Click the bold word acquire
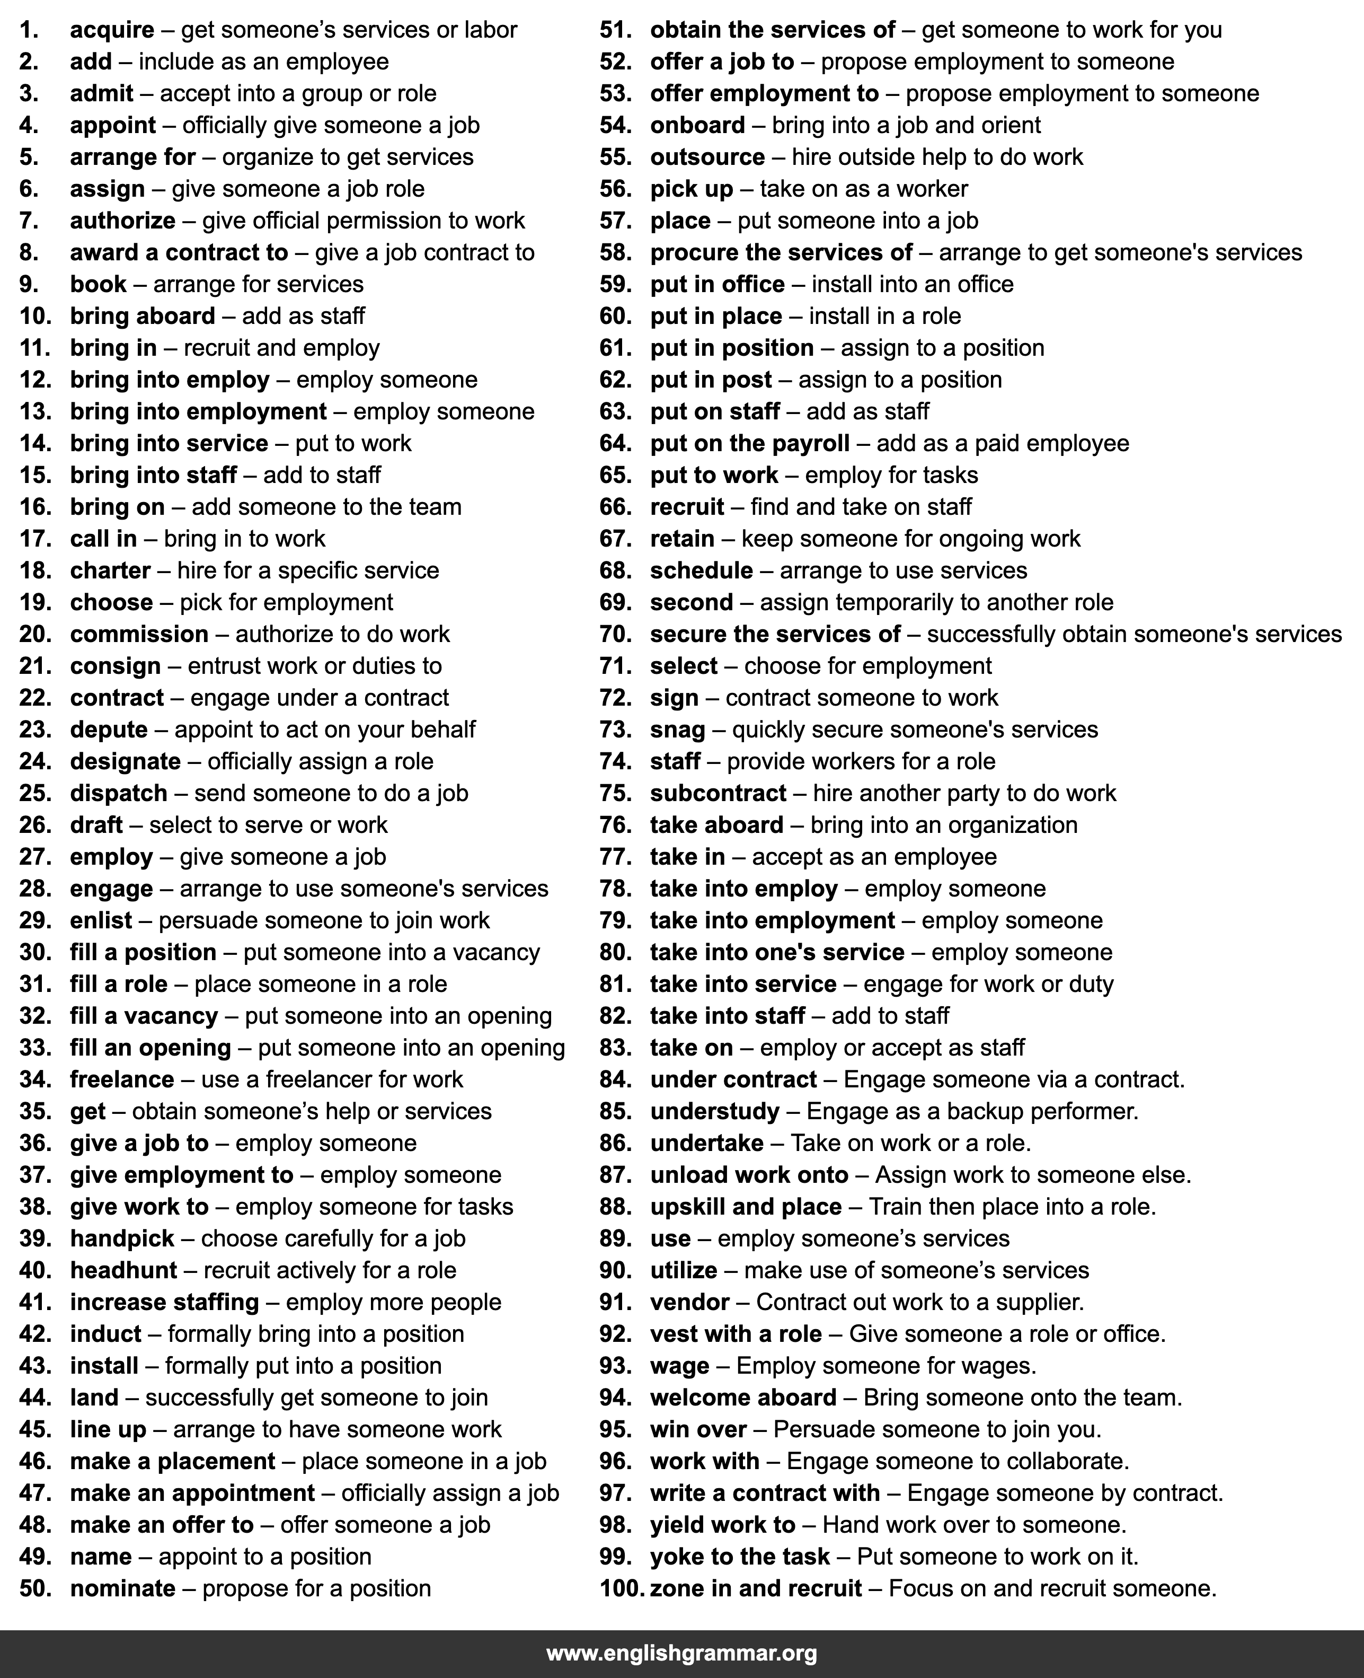tap(112, 30)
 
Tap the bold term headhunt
tap(123, 1270)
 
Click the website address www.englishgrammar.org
tap(681, 1654)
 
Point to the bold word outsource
tap(707, 157)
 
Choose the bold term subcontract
tap(718, 793)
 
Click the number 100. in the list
tap(622, 1588)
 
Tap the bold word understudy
tap(714, 1111)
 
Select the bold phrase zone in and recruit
tap(755, 1588)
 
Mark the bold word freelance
tap(122, 1079)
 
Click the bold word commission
tap(139, 634)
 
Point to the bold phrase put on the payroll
tap(750, 443)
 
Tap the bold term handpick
tap(122, 1238)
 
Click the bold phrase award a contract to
tap(179, 252)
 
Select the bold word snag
tap(677, 730)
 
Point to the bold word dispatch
tap(119, 793)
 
